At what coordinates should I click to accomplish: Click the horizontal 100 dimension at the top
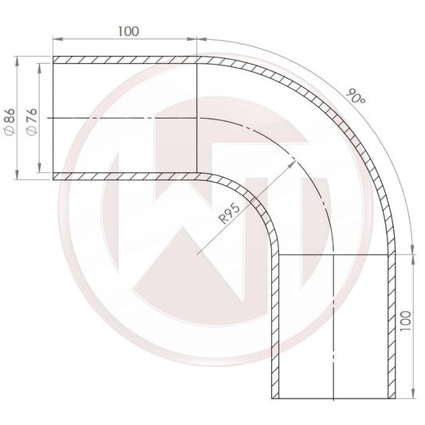(x=126, y=31)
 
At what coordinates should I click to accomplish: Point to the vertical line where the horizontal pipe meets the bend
(x=197, y=117)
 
